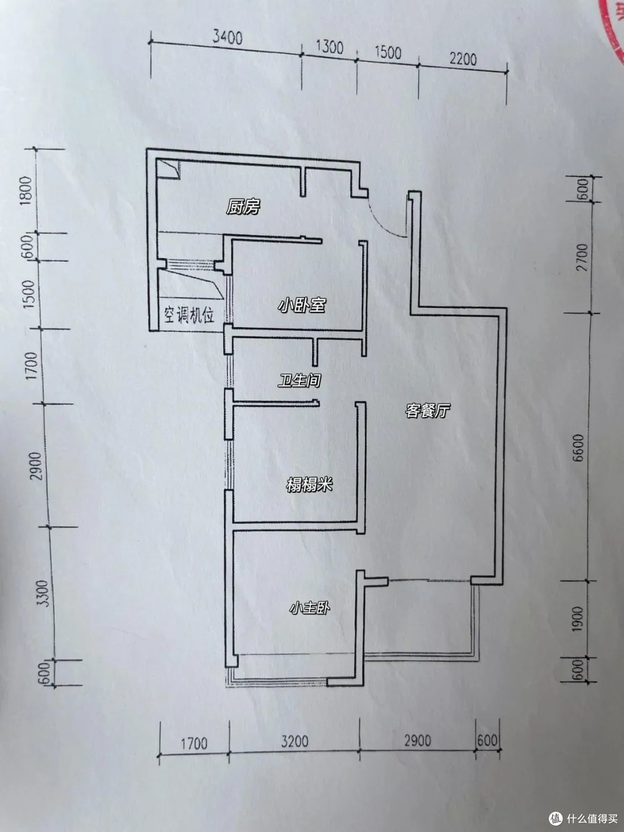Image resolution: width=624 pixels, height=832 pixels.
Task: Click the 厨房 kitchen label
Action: coord(243,207)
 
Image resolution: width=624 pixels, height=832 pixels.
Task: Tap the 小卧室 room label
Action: coord(302,304)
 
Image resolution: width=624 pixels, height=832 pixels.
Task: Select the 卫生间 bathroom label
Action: coord(299,380)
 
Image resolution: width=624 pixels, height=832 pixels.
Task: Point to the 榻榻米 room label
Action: coord(309,485)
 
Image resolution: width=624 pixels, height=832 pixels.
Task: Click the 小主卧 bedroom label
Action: coord(310,608)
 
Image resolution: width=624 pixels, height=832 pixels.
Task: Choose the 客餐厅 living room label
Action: coord(427,410)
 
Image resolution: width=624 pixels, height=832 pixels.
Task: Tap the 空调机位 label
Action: coord(189,315)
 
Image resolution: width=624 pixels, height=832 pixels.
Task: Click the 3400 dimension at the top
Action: coord(227,38)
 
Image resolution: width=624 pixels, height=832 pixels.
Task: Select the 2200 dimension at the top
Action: coord(463,59)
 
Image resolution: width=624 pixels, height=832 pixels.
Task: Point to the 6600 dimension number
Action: coord(580,448)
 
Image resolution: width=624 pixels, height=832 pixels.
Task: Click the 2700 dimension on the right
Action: coord(582,257)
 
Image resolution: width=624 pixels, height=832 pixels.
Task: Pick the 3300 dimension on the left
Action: coord(44,593)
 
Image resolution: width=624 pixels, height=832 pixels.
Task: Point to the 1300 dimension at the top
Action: coord(329,48)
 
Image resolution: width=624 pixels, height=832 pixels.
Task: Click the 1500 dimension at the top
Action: coord(388,53)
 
